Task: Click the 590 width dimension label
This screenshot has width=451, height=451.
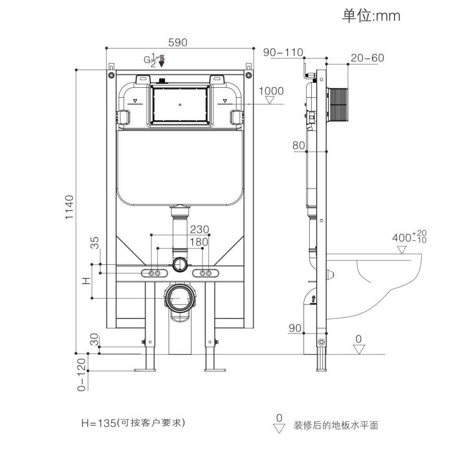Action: (x=178, y=43)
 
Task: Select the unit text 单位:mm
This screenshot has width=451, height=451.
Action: (x=371, y=15)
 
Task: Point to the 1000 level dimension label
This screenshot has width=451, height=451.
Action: (x=271, y=91)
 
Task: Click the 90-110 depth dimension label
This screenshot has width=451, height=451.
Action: (x=283, y=52)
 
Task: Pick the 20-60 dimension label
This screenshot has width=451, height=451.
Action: (x=367, y=58)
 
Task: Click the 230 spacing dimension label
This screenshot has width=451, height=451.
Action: (x=199, y=229)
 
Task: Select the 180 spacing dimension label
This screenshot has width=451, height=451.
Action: (x=199, y=242)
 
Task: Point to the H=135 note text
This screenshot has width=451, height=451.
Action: (x=133, y=423)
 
